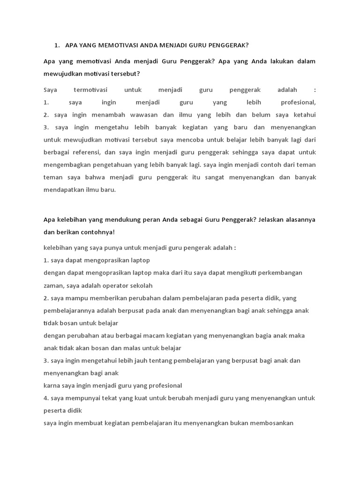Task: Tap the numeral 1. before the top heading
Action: click(x=57, y=45)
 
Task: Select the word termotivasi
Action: click(x=90, y=90)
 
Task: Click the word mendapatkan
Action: click(x=64, y=190)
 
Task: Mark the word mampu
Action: click(x=70, y=298)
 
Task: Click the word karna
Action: click(x=52, y=385)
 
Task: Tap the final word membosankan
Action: click(x=269, y=423)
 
